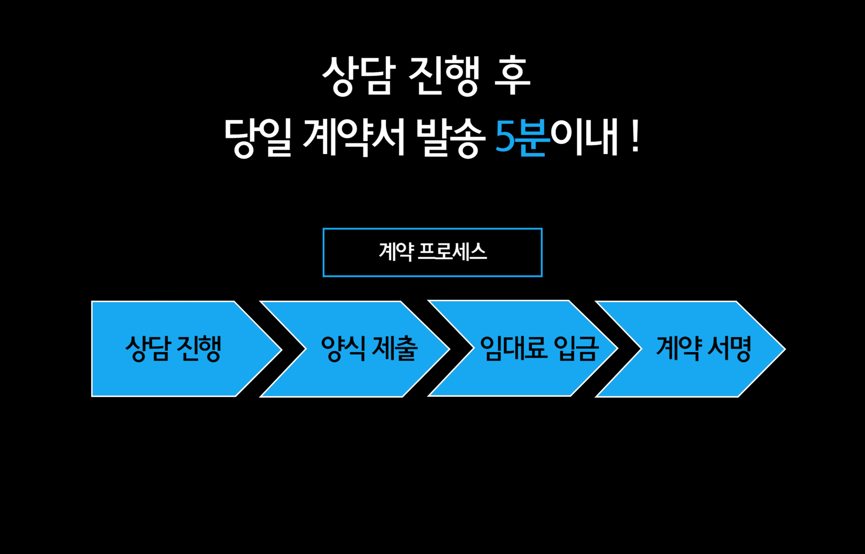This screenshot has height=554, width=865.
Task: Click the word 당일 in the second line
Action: click(x=258, y=137)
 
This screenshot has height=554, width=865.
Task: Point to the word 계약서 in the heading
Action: click(x=354, y=137)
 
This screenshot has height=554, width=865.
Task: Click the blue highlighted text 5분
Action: click(x=522, y=137)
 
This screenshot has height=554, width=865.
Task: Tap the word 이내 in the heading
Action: click(x=584, y=137)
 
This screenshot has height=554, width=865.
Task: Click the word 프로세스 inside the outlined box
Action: click(x=452, y=252)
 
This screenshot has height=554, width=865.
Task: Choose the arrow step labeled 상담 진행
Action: click(x=173, y=348)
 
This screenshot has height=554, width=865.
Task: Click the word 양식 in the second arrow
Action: click(x=343, y=348)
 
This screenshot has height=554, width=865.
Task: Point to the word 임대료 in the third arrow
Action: click(x=514, y=348)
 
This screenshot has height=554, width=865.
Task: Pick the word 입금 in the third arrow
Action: click(x=576, y=348)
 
